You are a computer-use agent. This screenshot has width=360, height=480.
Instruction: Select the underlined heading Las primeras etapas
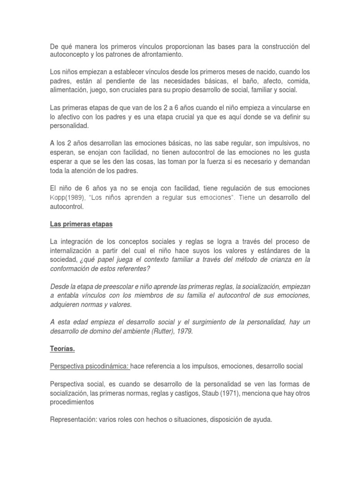[82, 224]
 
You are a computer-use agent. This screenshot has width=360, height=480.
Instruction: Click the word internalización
[75, 250]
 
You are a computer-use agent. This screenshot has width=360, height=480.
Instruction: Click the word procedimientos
[72, 401]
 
